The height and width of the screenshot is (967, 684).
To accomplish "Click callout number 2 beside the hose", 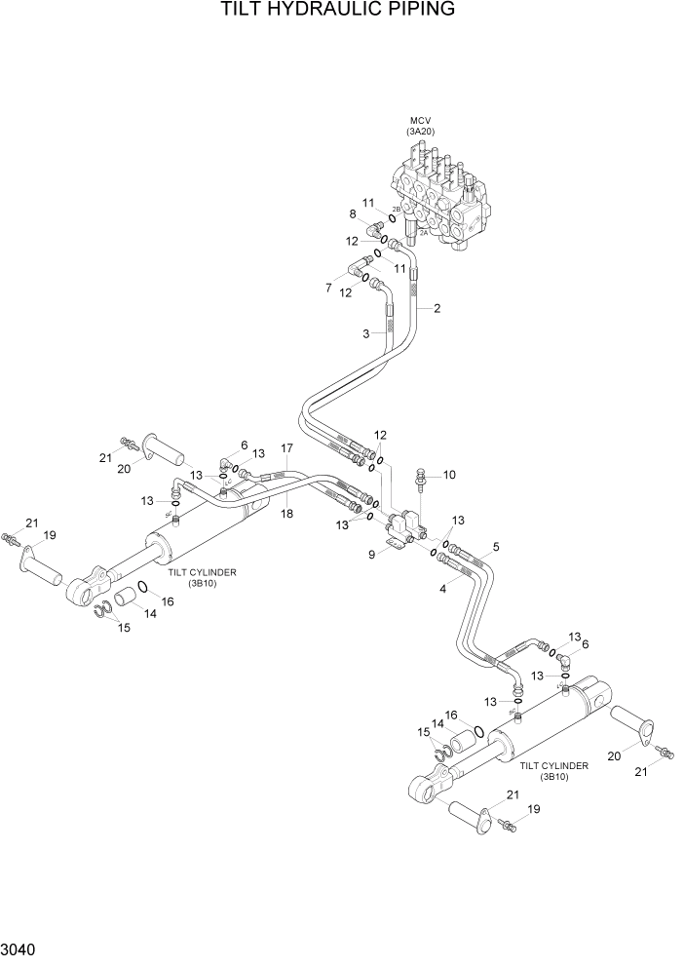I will click(437, 309).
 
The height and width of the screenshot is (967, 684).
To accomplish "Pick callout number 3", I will click(364, 334).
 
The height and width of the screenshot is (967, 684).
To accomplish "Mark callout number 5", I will click(496, 548).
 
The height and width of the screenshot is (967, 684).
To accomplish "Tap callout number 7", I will click(328, 287).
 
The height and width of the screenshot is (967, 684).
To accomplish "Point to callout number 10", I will click(449, 475).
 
